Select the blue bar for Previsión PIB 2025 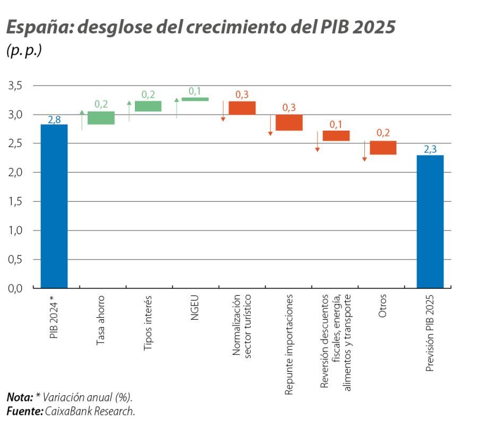[x=430, y=221]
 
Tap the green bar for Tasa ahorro [x=101, y=118]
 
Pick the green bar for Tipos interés [x=148, y=106]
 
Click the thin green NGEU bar [x=195, y=99]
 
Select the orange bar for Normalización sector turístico [x=242, y=108]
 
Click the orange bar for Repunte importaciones [x=289, y=123]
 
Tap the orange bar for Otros [x=383, y=148]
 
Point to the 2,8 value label [x=54, y=120]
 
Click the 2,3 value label [x=430, y=150]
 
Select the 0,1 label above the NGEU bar [x=195, y=91]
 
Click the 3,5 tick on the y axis [x=15, y=86]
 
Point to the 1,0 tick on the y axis [x=15, y=231]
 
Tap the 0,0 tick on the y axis [x=15, y=288]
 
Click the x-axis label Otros [x=383, y=307]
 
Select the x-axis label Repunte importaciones [x=289, y=344]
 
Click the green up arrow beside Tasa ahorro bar [x=82, y=120]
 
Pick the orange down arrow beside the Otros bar [x=364, y=151]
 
